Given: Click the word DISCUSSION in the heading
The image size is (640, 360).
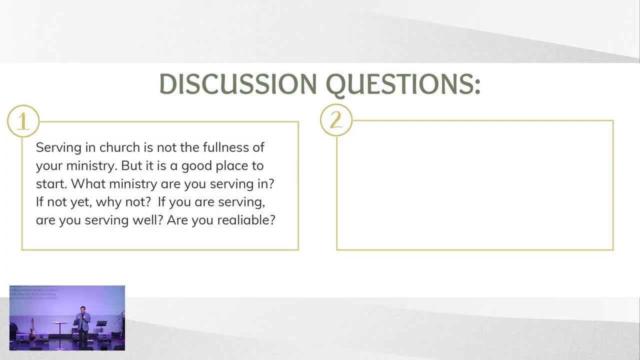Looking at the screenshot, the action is (x=238, y=83).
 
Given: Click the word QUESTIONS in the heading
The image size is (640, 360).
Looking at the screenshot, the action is (x=400, y=84).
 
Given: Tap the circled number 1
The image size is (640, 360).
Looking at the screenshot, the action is (x=23, y=121).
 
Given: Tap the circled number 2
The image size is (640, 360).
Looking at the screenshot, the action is (x=336, y=119).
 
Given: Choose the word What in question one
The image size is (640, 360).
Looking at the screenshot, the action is (x=88, y=183).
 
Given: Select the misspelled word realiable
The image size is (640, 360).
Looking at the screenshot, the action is (x=246, y=220).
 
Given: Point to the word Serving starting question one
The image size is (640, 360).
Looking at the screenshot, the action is (x=59, y=148).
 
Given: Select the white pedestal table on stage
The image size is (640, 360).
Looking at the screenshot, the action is (x=59, y=331).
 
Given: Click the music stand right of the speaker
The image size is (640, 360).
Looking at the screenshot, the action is (x=101, y=326).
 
